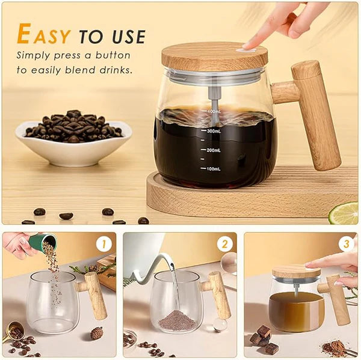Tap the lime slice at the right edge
pyautogui.click(x=345, y=212)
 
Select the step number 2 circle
pyautogui.click(x=225, y=245)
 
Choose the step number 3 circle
pyautogui.click(x=347, y=245)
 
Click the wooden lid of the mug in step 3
pyautogui.click(x=296, y=271)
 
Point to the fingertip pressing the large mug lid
pyautogui.click(x=249, y=45)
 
